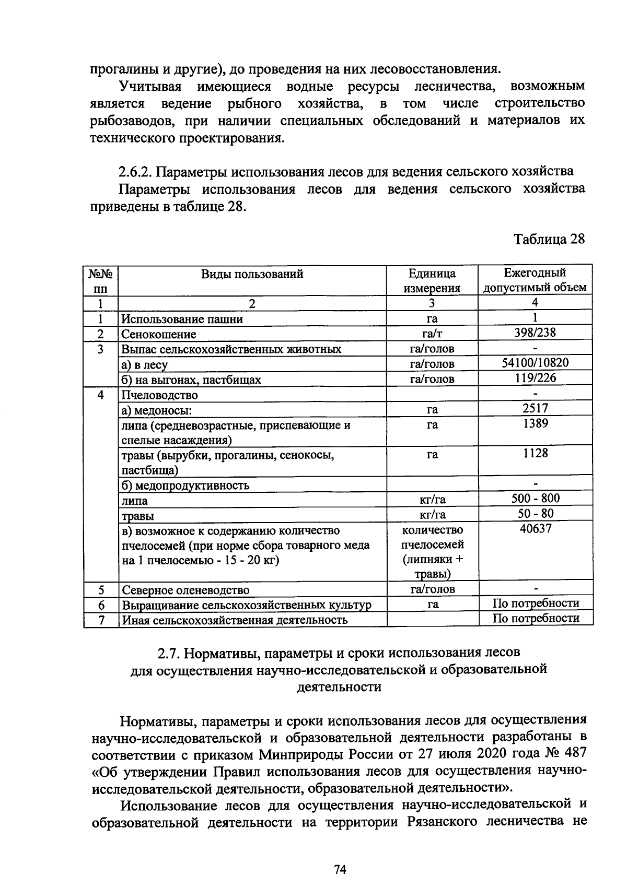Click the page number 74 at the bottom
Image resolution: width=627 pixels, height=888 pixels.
pyautogui.click(x=340, y=870)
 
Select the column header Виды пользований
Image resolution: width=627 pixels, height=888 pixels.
pyautogui.click(x=252, y=274)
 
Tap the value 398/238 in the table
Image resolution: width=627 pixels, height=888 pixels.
pyautogui.click(x=535, y=333)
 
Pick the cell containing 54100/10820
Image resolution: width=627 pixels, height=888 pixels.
pyautogui.click(x=535, y=362)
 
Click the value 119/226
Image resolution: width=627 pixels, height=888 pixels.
pyautogui.click(x=535, y=377)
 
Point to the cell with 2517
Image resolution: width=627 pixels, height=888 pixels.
pyautogui.click(x=535, y=408)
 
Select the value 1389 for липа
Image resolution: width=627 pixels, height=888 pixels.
pyautogui.click(x=535, y=423)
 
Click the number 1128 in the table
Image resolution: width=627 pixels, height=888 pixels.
pyautogui.click(x=535, y=453)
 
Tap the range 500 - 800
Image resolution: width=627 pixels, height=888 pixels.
pyautogui.click(x=535, y=498)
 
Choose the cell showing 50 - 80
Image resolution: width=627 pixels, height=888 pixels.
pyautogui.click(x=535, y=513)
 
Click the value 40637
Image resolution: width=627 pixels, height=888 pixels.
pyautogui.click(x=536, y=528)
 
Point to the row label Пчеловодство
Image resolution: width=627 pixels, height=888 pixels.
pyautogui.click(x=159, y=395)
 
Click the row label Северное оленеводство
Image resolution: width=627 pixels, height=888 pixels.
pyautogui.click(x=185, y=590)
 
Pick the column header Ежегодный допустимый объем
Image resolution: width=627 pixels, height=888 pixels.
pyautogui.click(x=535, y=280)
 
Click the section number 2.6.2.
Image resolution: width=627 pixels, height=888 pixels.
pyautogui.click(x=134, y=171)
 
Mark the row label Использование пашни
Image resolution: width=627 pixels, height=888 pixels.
pyautogui.click(x=182, y=319)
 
